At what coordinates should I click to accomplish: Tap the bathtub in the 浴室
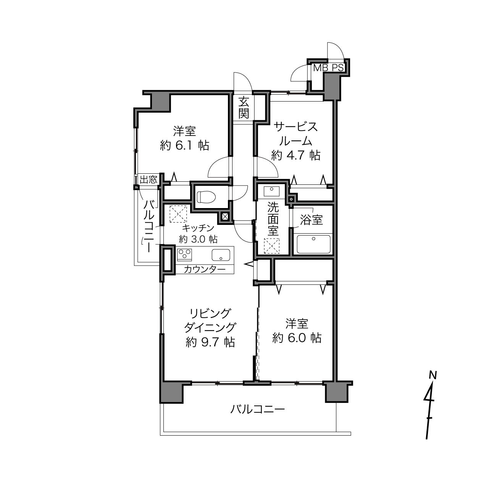tap(313, 244)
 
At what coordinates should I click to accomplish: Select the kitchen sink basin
tap(221, 255)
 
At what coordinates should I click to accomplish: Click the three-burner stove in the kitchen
tap(184, 255)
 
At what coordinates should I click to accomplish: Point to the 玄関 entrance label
tap(244, 108)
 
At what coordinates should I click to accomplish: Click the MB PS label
tap(328, 68)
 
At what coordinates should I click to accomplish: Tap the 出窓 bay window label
tap(149, 179)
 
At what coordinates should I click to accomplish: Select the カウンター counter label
tap(205, 269)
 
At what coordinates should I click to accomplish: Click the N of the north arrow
tap(433, 375)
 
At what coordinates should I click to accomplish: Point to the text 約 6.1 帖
tap(184, 145)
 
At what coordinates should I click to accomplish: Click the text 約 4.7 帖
tap(296, 155)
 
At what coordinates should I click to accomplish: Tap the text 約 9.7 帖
tap(210, 342)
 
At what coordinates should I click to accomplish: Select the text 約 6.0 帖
tap(297, 338)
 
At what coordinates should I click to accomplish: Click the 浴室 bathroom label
tap(311, 220)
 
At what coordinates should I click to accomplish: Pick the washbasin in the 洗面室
tap(271, 191)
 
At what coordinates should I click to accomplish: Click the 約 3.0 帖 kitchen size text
tap(198, 239)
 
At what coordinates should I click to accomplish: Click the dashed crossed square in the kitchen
tap(178, 214)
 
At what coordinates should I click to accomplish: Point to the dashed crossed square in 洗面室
tap(271, 246)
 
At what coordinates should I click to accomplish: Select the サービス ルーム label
tap(296, 134)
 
